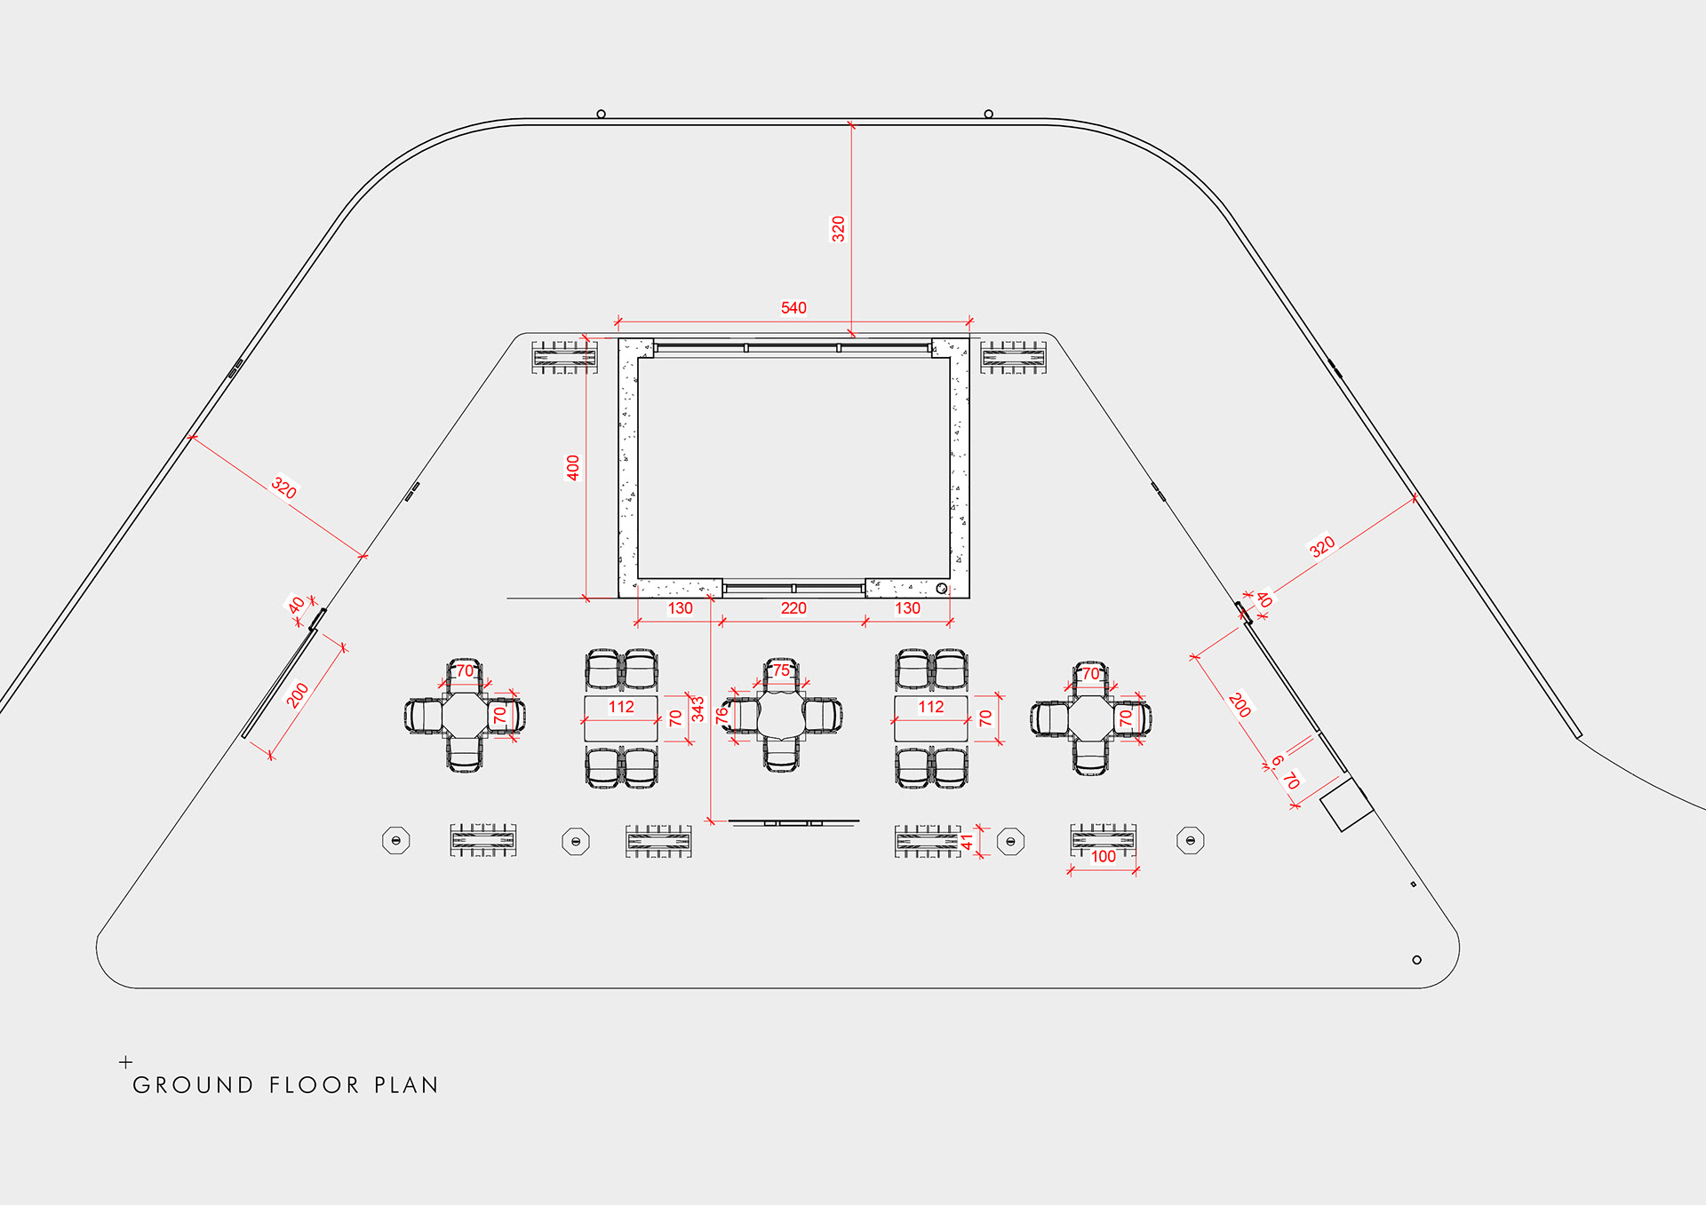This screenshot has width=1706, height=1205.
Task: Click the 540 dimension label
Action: click(793, 308)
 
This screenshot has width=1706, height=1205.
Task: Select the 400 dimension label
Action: click(573, 468)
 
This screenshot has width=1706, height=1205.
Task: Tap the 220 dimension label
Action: click(793, 608)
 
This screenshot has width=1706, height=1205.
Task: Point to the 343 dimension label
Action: click(698, 709)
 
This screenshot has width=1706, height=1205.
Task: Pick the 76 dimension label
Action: click(722, 713)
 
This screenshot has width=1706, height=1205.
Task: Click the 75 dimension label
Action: click(781, 670)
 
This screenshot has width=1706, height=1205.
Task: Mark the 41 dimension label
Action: click(968, 842)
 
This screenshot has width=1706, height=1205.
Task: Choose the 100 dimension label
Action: click(1103, 856)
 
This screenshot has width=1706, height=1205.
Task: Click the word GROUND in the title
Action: click(193, 1085)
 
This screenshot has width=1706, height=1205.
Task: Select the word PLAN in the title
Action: click(406, 1085)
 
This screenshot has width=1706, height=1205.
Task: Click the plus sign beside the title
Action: click(126, 1062)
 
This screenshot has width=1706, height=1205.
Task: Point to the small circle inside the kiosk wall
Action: click(942, 588)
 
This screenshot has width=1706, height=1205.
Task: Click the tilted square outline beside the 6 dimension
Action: click(1346, 805)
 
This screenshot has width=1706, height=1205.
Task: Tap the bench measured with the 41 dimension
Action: click(928, 841)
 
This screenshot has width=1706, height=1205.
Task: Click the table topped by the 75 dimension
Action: click(781, 716)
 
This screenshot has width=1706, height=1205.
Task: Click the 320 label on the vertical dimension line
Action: click(838, 229)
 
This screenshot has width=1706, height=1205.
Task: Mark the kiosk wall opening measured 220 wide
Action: click(793, 588)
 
